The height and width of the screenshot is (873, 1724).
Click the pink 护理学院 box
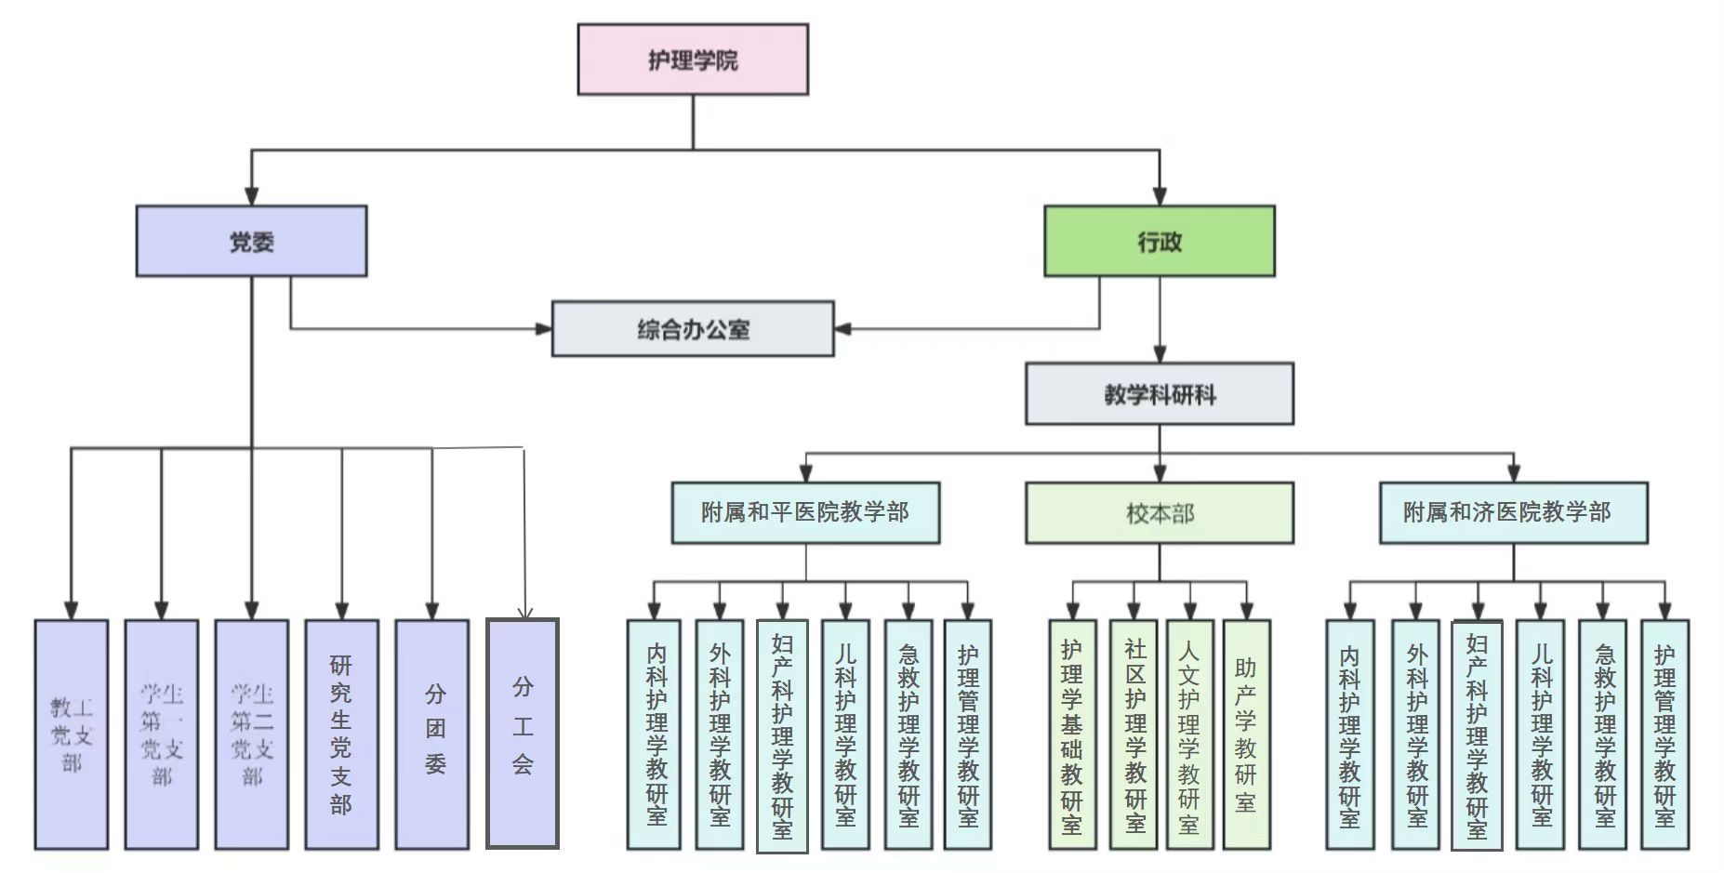pos(693,60)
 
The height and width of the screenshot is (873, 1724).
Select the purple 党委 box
pos(251,242)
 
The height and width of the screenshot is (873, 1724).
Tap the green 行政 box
pos(1160,242)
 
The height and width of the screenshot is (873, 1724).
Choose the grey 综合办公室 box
pos(693,329)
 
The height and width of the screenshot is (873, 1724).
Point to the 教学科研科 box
pos(1160,394)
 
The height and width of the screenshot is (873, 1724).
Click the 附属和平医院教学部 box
pos(805,512)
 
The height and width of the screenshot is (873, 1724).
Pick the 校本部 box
pos(1160,512)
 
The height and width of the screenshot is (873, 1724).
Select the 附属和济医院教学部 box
pos(1513,512)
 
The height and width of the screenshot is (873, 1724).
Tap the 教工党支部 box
pos(72,734)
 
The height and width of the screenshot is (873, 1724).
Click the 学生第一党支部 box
pos(162,734)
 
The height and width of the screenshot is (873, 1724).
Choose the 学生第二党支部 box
pos(251,734)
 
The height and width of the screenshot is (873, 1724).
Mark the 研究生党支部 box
pos(341,734)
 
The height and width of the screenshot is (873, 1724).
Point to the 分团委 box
pos(432,734)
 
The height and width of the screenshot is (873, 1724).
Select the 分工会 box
pos(523,734)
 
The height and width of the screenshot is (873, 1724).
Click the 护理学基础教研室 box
pos(1072,734)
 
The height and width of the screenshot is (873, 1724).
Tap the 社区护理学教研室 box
pos(1134,734)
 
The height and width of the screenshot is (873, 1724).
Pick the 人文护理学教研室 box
pos(1189,734)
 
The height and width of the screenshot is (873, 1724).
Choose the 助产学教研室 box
pos(1246,734)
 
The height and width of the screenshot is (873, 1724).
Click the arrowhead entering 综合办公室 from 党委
pos(544,329)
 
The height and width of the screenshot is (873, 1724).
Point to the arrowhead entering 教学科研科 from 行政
pos(1160,354)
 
